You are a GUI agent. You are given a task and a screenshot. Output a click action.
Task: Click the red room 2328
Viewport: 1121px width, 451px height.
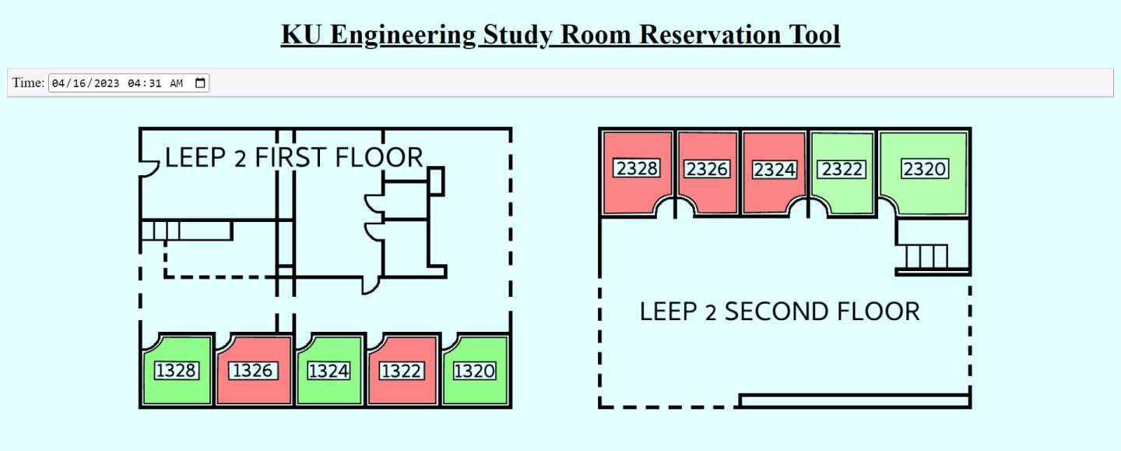click(x=637, y=170)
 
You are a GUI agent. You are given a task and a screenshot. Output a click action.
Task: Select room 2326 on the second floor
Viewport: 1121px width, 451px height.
click(x=707, y=170)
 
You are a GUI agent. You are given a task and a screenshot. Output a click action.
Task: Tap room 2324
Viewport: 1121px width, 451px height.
click(x=774, y=170)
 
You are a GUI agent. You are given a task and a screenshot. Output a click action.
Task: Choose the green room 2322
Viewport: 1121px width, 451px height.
click(x=842, y=170)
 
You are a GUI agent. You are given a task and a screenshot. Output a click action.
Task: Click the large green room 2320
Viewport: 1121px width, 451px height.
click(x=924, y=169)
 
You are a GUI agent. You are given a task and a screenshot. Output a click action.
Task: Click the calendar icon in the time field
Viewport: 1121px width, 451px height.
click(x=200, y=83)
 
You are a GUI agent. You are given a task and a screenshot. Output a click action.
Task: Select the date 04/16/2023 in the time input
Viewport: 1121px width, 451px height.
click(x=86, y=83)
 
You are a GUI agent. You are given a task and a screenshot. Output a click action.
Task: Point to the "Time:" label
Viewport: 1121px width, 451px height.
click(x=28, y=83)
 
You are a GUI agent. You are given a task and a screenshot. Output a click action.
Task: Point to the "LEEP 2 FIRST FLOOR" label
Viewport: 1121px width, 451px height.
click(x=293, y=157)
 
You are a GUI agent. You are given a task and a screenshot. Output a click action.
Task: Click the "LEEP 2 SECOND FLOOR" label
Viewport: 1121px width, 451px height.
click(x=780, y=312)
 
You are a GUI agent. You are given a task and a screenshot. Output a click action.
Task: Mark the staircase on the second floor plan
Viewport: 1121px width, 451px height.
click(x=927, y=257)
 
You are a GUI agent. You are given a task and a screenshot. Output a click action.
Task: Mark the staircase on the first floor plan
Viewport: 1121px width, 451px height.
click(x=160, y=231)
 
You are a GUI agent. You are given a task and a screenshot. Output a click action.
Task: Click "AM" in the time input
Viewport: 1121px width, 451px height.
click(x=176, y=83)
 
